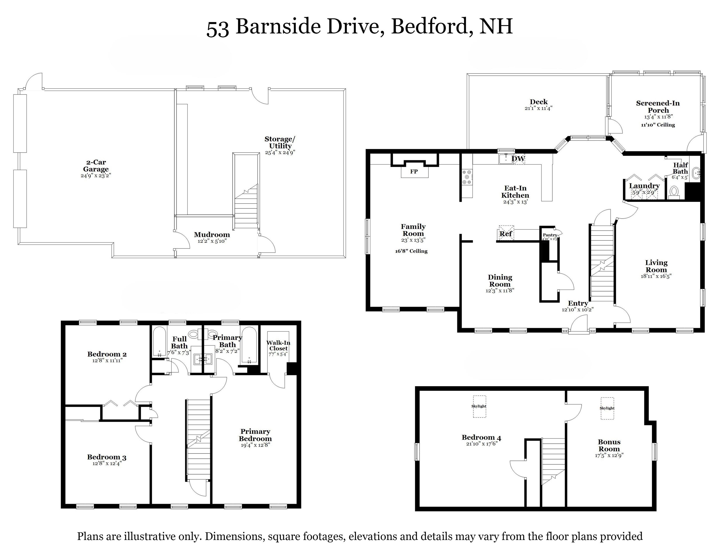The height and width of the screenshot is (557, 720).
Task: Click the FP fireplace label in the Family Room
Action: (x=414, y=172)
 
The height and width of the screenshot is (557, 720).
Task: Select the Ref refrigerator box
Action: (x=506, y=234)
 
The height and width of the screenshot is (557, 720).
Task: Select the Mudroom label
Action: (x=212, y=235)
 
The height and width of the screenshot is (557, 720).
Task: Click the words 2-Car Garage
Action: (x=96, y=166)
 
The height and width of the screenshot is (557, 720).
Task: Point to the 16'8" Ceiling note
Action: (x=411, y=251)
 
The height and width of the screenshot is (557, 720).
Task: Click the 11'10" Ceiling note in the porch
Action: (x=658, y=125)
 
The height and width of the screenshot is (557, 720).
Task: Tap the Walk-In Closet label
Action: (x=278, y=345)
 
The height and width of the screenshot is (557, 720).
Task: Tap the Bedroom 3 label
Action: (x=107, y=457)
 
